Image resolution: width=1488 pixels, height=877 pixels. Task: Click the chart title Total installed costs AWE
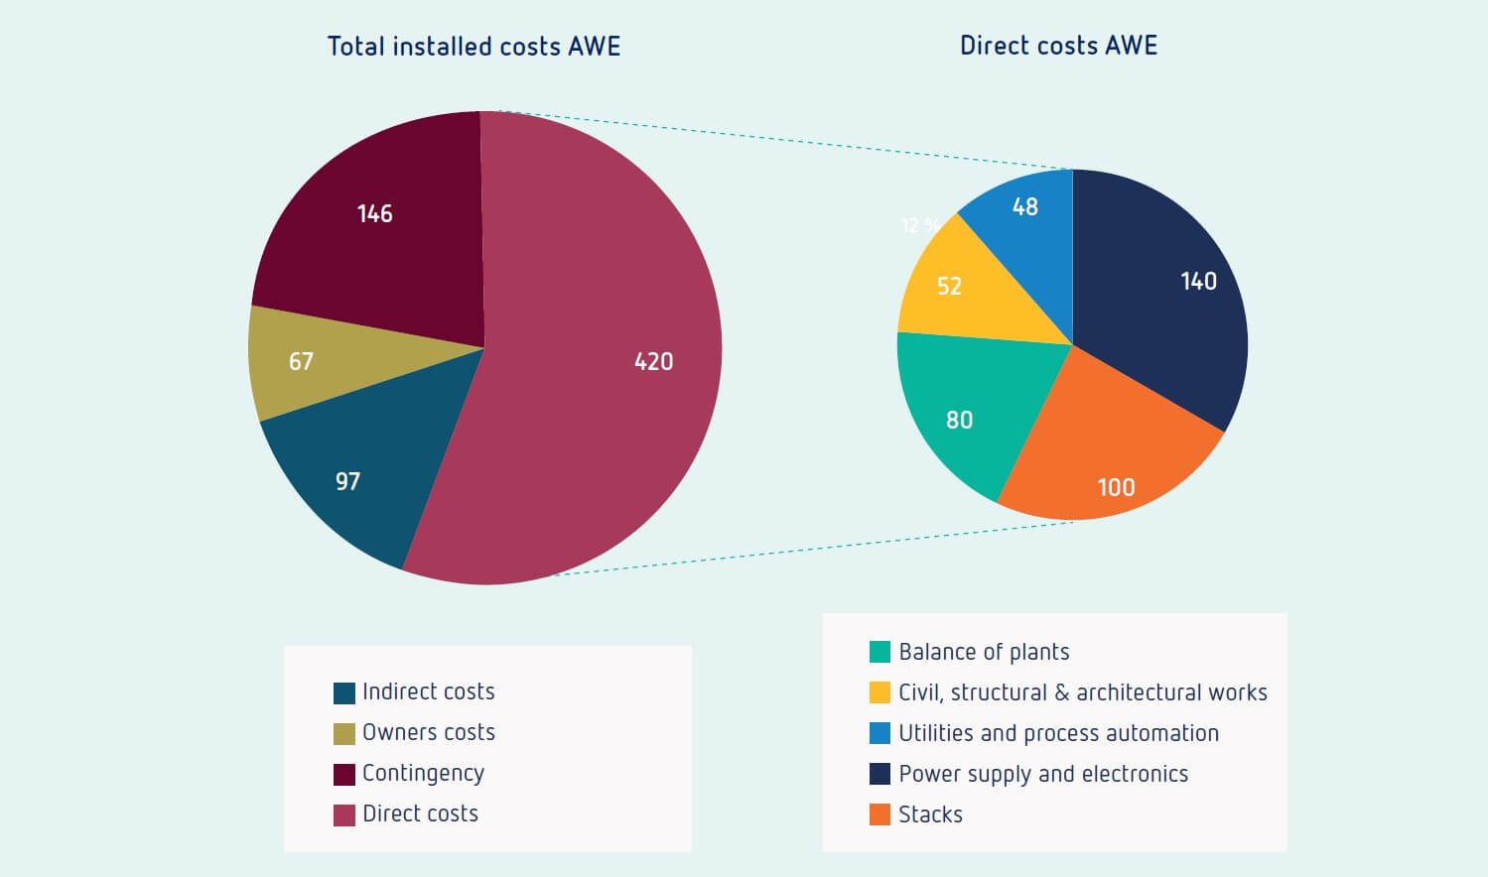(x=473, y=47)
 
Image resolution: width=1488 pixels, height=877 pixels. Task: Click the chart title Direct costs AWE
(x=1058, y=46)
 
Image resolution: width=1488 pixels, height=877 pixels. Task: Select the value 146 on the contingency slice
(x=374, y=214)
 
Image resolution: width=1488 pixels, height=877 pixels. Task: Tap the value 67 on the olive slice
(x=301, y=361)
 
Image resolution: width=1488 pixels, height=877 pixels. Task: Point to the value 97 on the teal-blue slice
(x=347, y=482)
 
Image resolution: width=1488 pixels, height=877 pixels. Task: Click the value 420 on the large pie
(x=653, y=362)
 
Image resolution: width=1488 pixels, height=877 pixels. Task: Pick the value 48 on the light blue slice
(x=1024, y=207)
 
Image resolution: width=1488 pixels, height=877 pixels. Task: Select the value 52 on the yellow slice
(x=949, y=287)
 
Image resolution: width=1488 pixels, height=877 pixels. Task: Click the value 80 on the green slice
(x=959, y=421)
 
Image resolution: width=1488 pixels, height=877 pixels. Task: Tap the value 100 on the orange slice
(x=1116, y=488)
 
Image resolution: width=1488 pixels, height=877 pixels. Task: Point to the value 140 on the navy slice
(x=1198, y=282)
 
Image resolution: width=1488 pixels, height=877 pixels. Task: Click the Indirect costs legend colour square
(x=344, y=692)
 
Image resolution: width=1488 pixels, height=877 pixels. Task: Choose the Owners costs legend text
(x=428, y=732)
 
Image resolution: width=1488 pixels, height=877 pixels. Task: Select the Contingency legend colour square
(x=344, y=774)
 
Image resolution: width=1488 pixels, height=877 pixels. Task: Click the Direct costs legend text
(x=420, y=814)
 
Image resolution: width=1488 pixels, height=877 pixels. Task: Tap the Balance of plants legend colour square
(x=879, y=652)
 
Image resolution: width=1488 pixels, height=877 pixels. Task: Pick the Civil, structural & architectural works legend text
(x=1082, y=692)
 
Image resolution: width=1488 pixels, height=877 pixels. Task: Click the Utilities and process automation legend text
(x=1058, y=733)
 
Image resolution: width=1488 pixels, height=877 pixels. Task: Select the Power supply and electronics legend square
(x=879, y=774)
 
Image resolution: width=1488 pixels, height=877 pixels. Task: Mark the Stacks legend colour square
(x=879, y=814)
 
